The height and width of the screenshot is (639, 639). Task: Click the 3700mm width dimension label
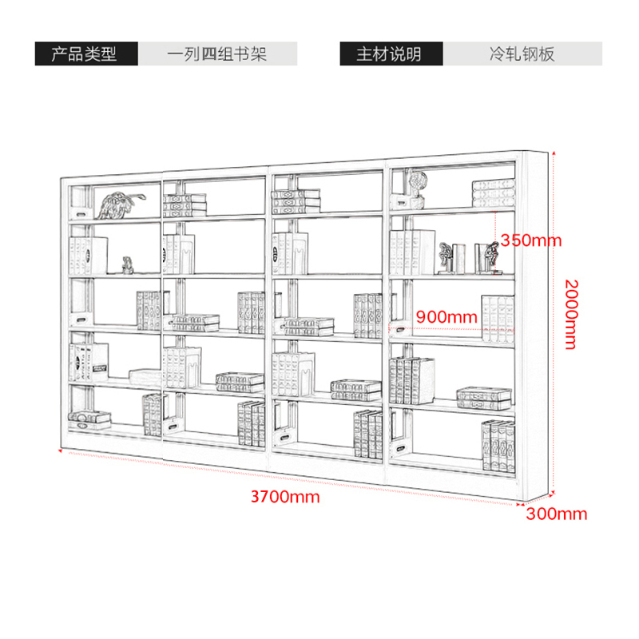pos(285,497)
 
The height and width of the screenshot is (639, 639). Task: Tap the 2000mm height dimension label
pos(571,314)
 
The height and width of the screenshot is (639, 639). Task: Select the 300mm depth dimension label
pos(556,514)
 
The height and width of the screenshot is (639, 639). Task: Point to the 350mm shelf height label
pos(530,240)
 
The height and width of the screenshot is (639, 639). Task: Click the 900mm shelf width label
pos(447,316)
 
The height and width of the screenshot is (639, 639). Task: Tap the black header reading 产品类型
pos(86,54)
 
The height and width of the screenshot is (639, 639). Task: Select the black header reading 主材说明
pos(391,54)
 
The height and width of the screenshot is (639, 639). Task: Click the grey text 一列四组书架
pos(216,54)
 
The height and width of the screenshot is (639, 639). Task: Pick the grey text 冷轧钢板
pos(522,54)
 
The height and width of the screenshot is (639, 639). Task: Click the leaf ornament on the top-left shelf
pos(121,205)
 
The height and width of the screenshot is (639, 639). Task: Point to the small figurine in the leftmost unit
pos(128,265)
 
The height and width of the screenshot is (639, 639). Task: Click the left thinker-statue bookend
pos(450,258)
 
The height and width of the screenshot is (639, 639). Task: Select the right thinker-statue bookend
pos(487,257)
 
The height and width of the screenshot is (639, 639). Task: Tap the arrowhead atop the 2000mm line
pos(554,153)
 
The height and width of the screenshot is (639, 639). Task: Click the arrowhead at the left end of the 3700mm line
pos(61,450)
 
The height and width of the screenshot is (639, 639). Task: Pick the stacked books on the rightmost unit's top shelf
pos(493,193)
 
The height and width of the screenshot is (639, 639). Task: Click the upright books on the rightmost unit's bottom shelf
pos(498,447)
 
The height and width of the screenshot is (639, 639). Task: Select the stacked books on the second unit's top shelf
pos(185,205)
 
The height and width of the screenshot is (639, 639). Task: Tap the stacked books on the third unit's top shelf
pos(296,201)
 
